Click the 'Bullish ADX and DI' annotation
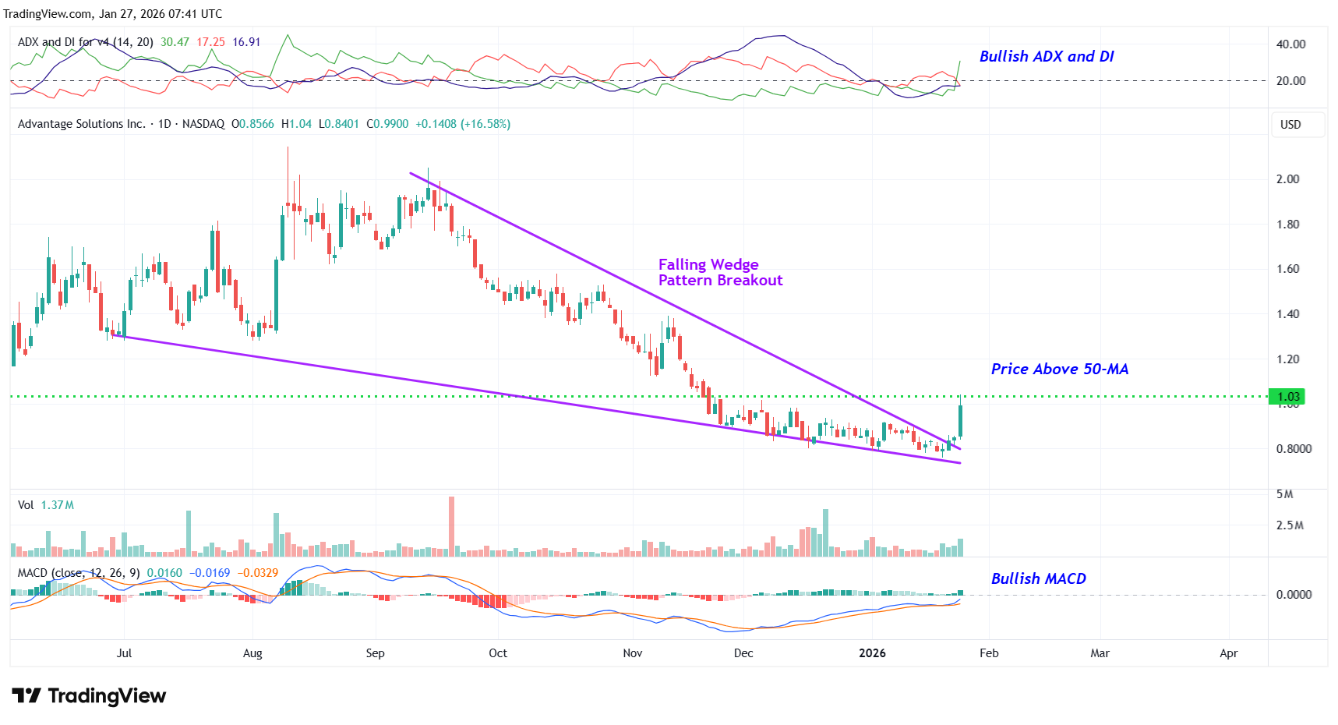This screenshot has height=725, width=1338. pyautogui.click(x=1046, y=56)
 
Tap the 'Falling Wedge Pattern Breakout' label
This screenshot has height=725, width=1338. pyautogui.click(x=719, y=272)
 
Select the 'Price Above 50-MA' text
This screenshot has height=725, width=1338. pyautogui.click(x=1059, y=369)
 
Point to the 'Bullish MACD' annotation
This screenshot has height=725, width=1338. pyautogui.click(x=1038, y=578)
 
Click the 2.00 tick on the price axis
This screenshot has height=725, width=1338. pyautogui.click(x=1287, y=179)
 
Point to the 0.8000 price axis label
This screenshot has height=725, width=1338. pyautogui.click(x=1294, y=448)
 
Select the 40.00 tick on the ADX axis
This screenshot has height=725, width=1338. pyautogui.click(x=1290, y=44)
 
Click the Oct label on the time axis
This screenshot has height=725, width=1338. pyautogui.click(x=497, y=653)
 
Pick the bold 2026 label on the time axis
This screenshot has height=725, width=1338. pyautogui.click(x=872, y=653)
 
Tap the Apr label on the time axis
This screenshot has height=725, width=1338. pyautogui.click(x=1228, y=653)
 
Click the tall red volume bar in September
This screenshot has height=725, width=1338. pyautogui.click(x=451, y=526)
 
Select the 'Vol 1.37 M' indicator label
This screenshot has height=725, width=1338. pyautogui.click(x=46, y=505)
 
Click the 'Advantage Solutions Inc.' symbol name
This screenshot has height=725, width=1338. pyautogui.click(x=81, y=124)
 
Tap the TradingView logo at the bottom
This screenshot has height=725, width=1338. pyautogui.click(x=89, y=695)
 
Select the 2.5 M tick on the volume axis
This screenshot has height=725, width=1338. pyautogui.click(x=1289, y=525)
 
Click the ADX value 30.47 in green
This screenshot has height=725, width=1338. pyautogui.click(x=175, y=42)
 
